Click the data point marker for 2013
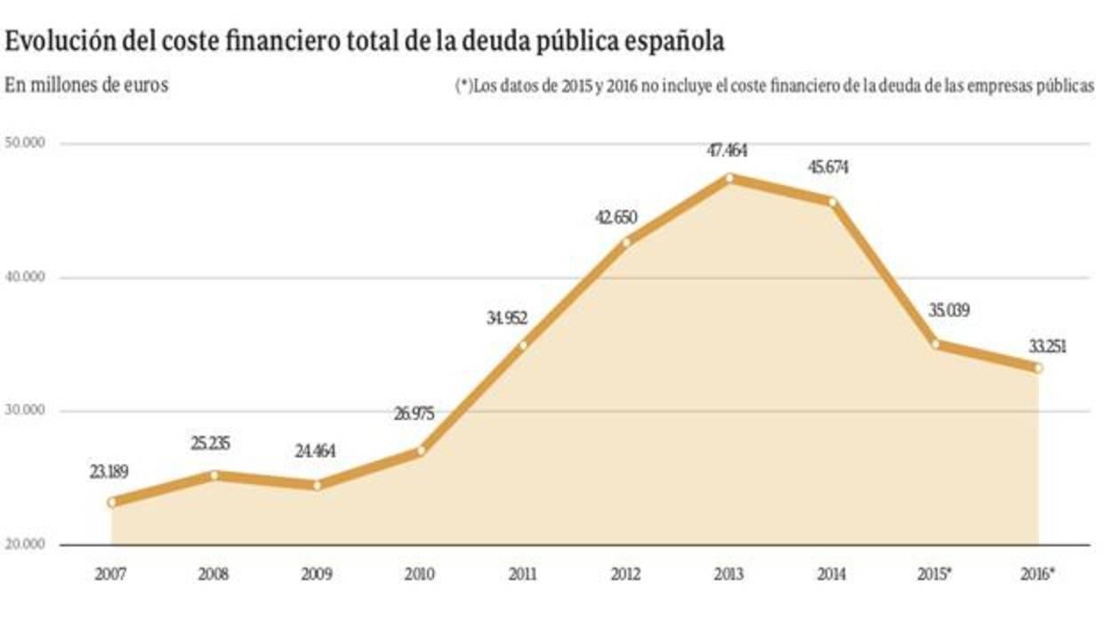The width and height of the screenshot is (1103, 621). [x=729, y=178]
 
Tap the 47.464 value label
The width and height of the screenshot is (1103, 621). [x=727, y=151]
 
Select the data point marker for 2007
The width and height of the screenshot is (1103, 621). [x=111, y=502]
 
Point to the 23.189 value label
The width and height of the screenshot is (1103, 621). [x=109, y=473]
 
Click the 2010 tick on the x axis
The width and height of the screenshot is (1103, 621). [x=420, y=575]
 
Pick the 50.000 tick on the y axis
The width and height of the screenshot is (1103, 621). [x=27, y=143]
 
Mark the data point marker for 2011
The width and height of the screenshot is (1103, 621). [x=523, y=345]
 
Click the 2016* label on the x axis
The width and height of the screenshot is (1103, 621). [x=1037, y=575]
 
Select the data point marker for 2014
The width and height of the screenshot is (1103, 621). [x=833, y=202]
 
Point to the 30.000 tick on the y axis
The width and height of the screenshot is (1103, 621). [x=27, y=411]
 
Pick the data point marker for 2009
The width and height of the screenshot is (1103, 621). [x=318, y=485]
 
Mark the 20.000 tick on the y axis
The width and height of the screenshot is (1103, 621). [x=27, y=544]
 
